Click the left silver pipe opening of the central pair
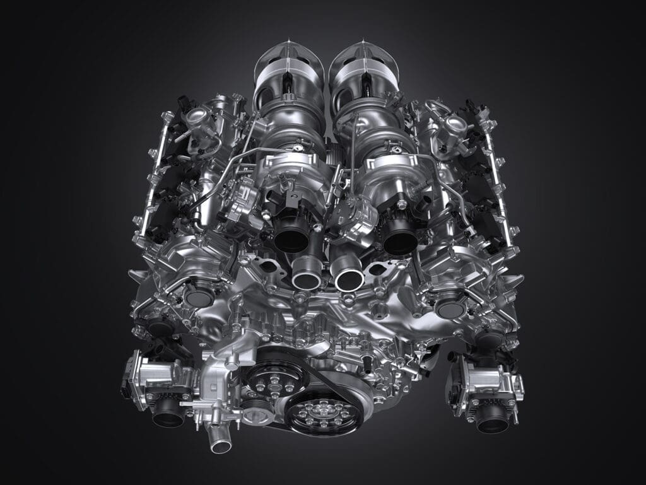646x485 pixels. click(x=307, y=277)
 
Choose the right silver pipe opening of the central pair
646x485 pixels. click(x=349, y=278)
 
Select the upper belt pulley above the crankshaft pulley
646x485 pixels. click(x=276, y=378)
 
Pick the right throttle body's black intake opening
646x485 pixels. click(x=492, y=421)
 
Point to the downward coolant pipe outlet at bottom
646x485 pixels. click(x=220, y=445)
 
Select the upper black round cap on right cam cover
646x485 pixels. click(x=450, y=307)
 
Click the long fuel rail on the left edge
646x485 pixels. click(x=153, y=177)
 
